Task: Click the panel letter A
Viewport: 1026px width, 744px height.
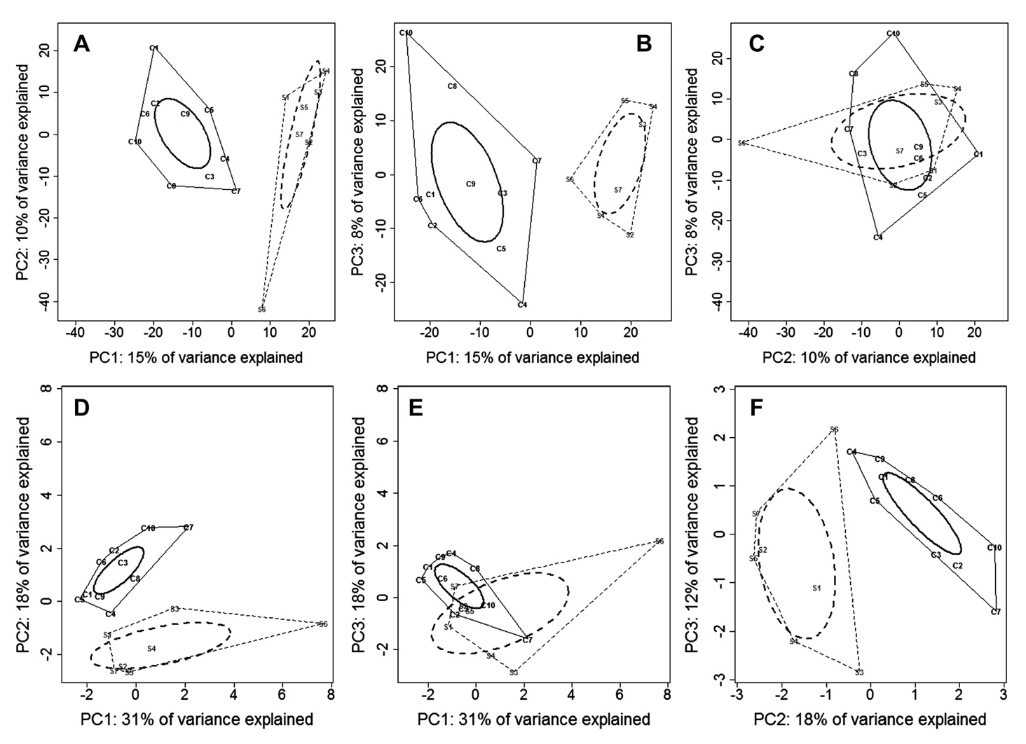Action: [x=82, y=45]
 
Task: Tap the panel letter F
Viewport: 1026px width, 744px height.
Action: [x=757, y=408]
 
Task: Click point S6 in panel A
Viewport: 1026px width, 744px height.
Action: [x=261, y=309]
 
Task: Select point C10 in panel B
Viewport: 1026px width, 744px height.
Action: [x=406, y=33]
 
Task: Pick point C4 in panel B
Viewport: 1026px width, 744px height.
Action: [x=522, y=305]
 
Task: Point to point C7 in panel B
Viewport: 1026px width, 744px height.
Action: [x=537, y=161]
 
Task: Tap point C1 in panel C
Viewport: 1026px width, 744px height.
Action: [x=978, y=154]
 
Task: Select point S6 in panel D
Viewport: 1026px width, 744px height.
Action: [x=322, y=624]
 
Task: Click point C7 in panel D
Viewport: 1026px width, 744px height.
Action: [x=188, y=528]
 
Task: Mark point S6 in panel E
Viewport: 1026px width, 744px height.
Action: [x=659, y=542]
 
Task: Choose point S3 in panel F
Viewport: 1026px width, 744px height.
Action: [x=859, y=673]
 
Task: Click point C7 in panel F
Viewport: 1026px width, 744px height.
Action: [x=996, y=612]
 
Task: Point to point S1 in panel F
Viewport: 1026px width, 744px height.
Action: [x=816, y=588]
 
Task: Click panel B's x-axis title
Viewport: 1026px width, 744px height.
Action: [x=533, y=358]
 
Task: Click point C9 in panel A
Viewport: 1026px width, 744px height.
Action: [x=185, y=113]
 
